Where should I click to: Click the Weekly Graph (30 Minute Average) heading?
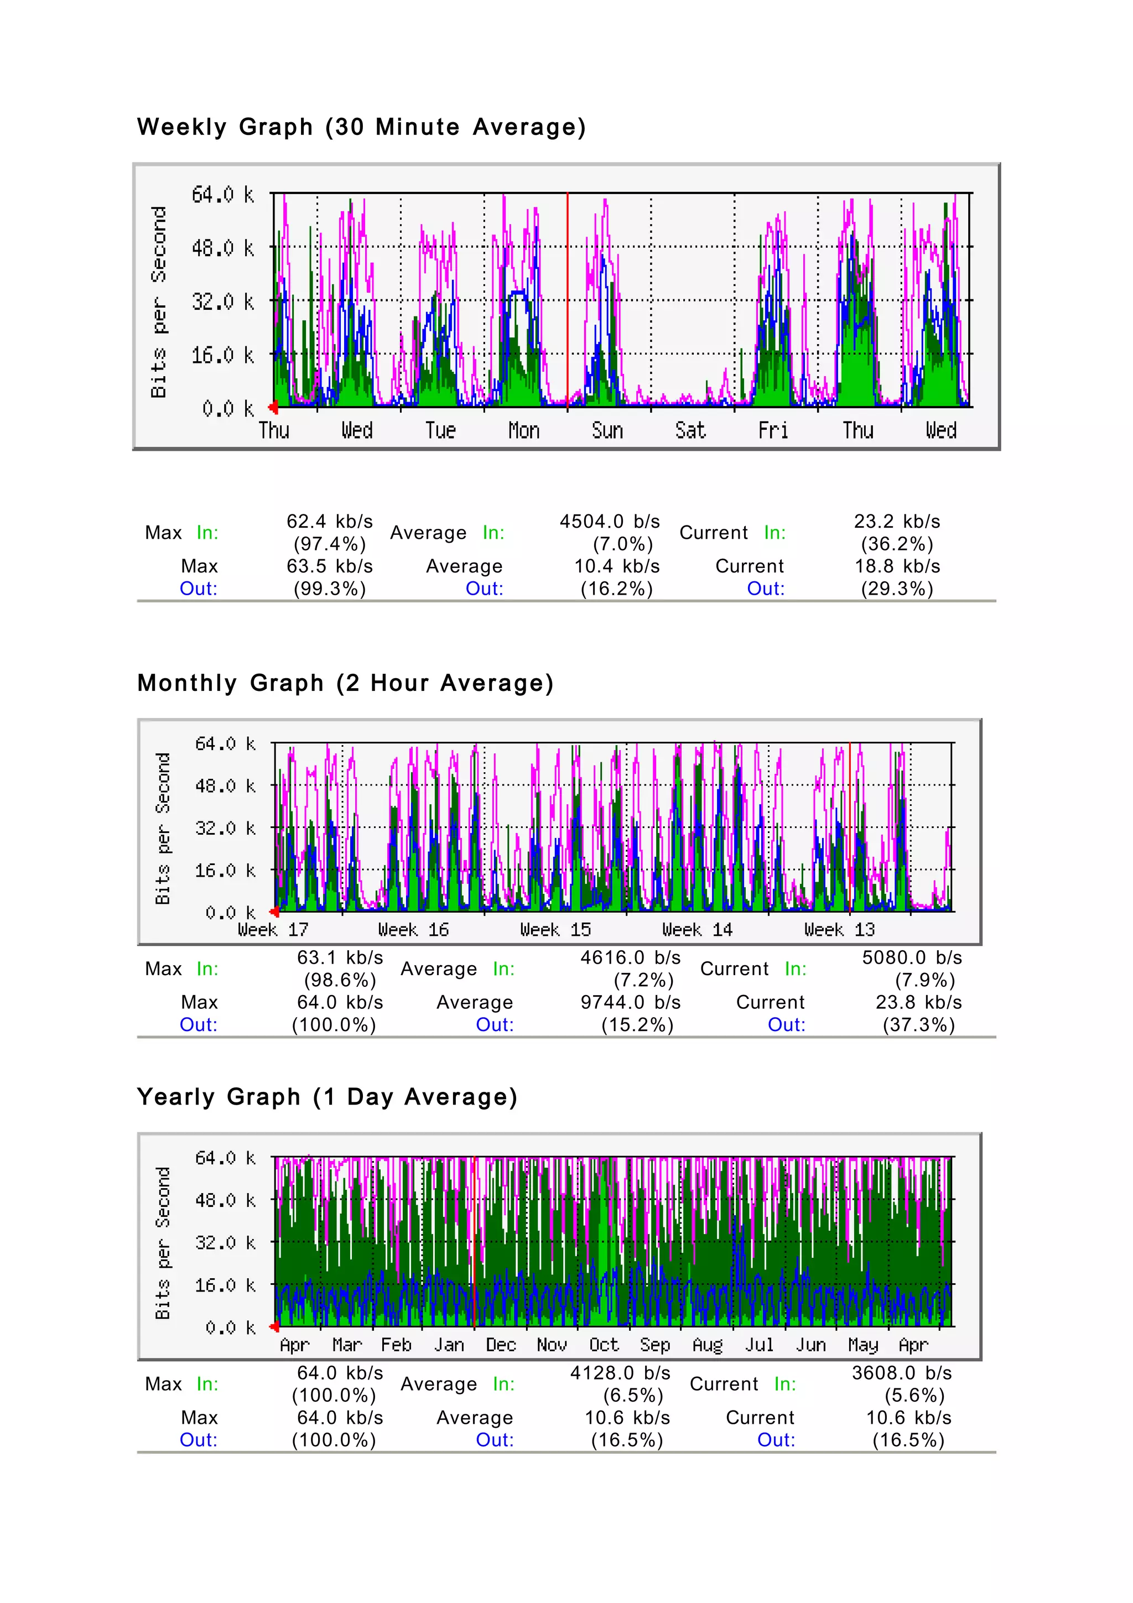[361, 127]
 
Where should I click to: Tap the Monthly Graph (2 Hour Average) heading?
[346, 683]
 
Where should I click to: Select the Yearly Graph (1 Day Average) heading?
[328, 1097]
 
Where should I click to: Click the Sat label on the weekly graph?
[690, 431]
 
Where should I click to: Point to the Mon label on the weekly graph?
[523, 431]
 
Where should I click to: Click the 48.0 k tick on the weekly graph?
[223, 248]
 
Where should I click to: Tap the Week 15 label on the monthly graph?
[555, 930]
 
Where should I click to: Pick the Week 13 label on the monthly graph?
[839, 930]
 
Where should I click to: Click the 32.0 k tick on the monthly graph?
[225, 829]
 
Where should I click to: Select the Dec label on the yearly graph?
[501, 1345]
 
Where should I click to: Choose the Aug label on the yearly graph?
[707, 1345]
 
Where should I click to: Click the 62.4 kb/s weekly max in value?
[330, 522]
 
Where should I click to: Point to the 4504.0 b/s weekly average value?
[610, 522]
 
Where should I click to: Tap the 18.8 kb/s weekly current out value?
[897, 566]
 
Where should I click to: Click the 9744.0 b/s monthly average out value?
[630, 1003]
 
